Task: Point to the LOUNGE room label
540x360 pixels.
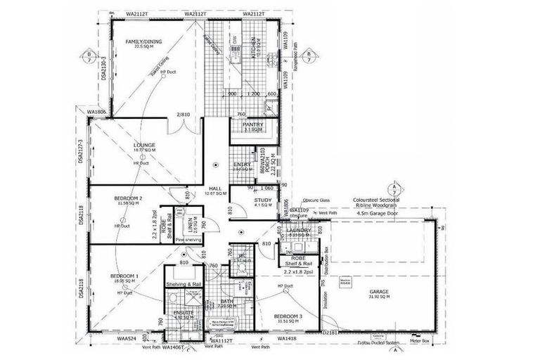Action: (144, 146)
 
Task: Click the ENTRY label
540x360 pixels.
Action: (243, 165)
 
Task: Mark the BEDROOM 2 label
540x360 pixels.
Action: (129, 199)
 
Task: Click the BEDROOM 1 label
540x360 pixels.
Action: (125, 276)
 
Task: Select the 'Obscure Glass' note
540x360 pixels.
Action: (314, 200)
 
